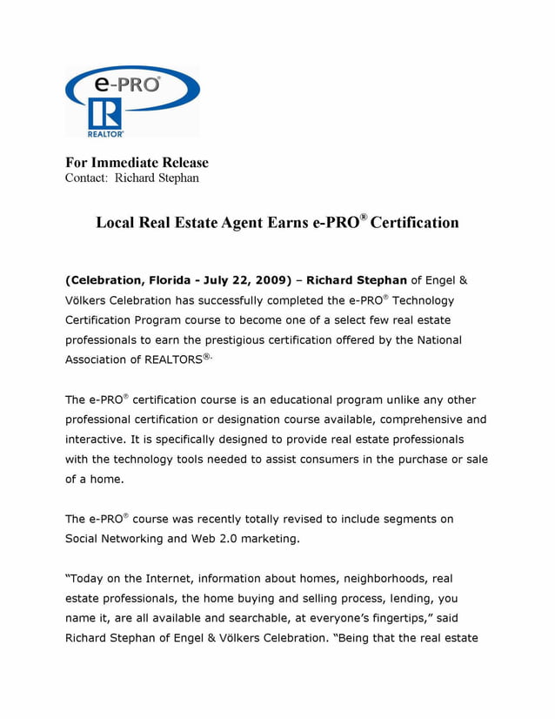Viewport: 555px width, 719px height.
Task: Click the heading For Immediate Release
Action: click(137, 162)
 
